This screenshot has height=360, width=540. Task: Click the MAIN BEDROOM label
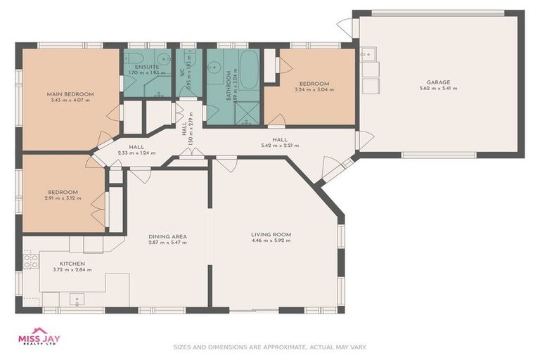pos(70,94)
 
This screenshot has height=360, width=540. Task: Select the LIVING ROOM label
pos(271,234)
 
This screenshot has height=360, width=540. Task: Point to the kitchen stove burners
pos(31,262)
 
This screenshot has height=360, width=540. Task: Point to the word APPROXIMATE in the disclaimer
pos(285,347)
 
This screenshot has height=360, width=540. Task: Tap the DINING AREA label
pos(167,236)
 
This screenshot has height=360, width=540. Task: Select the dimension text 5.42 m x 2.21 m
pos(280,146)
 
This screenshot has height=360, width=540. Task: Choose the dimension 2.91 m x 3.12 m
pos(63,198)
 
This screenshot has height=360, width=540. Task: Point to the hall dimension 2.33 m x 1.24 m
pos(135,153)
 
